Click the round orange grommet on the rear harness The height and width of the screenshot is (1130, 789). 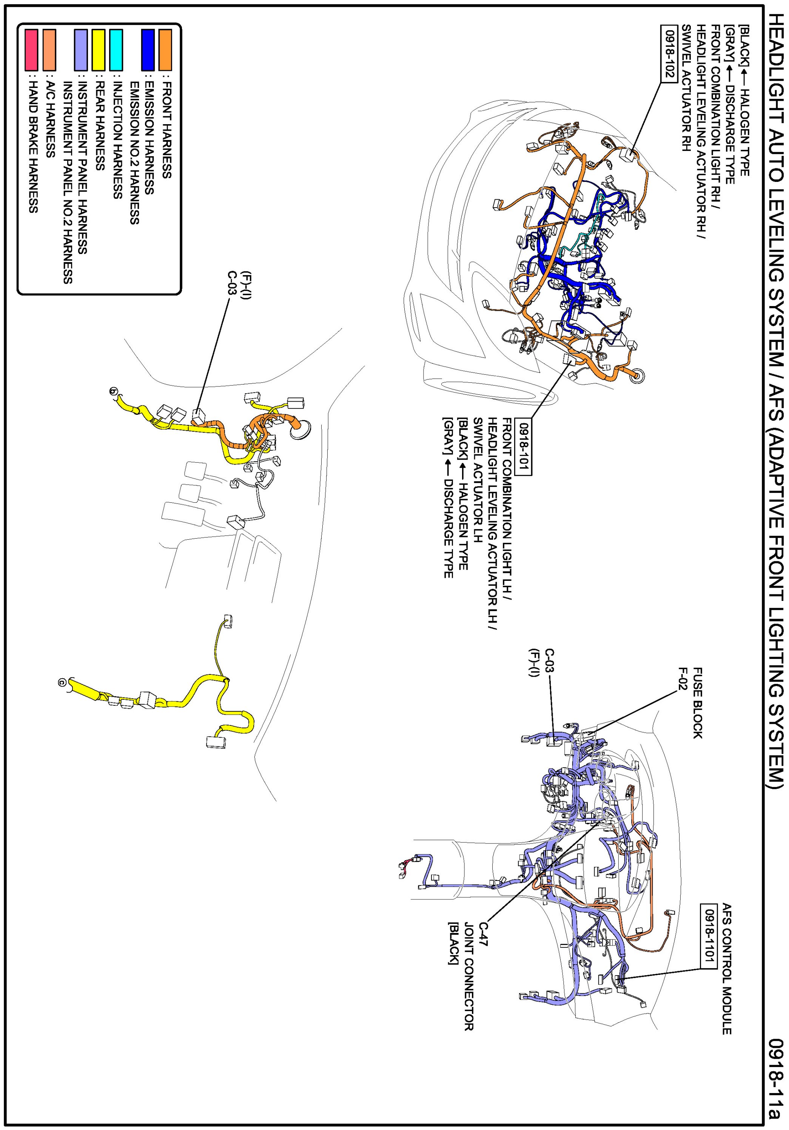click(x=300, y=429)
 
